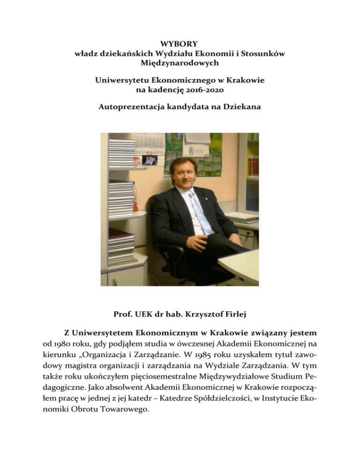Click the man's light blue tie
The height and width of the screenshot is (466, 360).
tap(195, 211)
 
